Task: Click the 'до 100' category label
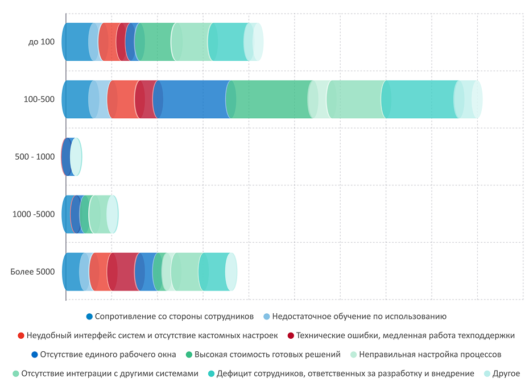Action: (x=42, y=41)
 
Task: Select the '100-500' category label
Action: (x=39, y=99)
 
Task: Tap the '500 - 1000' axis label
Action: (x=35, y=156)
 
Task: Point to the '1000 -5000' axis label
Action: (x=34, y=214)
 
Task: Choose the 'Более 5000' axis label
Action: (x=33, y=272)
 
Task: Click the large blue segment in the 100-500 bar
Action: (x=193, y=99)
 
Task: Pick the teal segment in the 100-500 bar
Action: (x=421, y=99)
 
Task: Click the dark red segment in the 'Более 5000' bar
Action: (x=122, y=272)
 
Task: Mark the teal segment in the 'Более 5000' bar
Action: (x=214, y=272)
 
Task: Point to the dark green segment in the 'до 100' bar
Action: (x=155, y=41)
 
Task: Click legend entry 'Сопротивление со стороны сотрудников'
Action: (x=174, y=317)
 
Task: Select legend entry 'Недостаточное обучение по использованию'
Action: (x=359, y=317)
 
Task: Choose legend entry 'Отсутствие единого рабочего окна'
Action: (x=108, y=355)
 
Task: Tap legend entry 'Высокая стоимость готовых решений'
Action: (x=267, y=355)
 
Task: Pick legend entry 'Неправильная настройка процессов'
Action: (x=430, y=355)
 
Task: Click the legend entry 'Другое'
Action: (x=506, y=373)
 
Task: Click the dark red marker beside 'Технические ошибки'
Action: (x=291, y=336)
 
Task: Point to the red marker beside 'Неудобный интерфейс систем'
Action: (x=21, y=336)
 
